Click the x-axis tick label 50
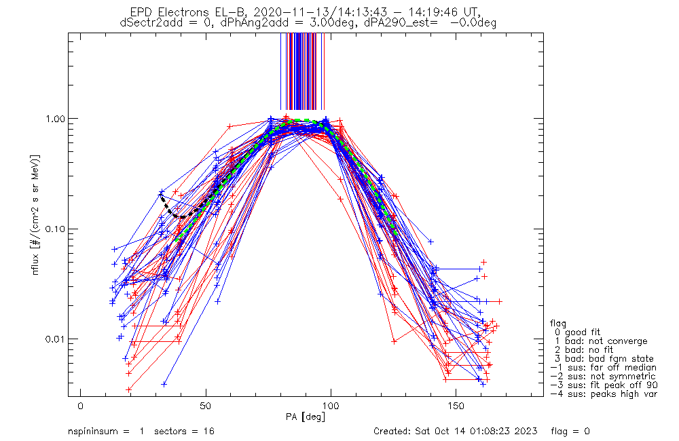206,406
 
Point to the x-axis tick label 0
81,406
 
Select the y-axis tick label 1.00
54,119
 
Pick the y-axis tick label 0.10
54,229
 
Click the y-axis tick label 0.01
54,339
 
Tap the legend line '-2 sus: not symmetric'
603,377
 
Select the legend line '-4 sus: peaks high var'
604,394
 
